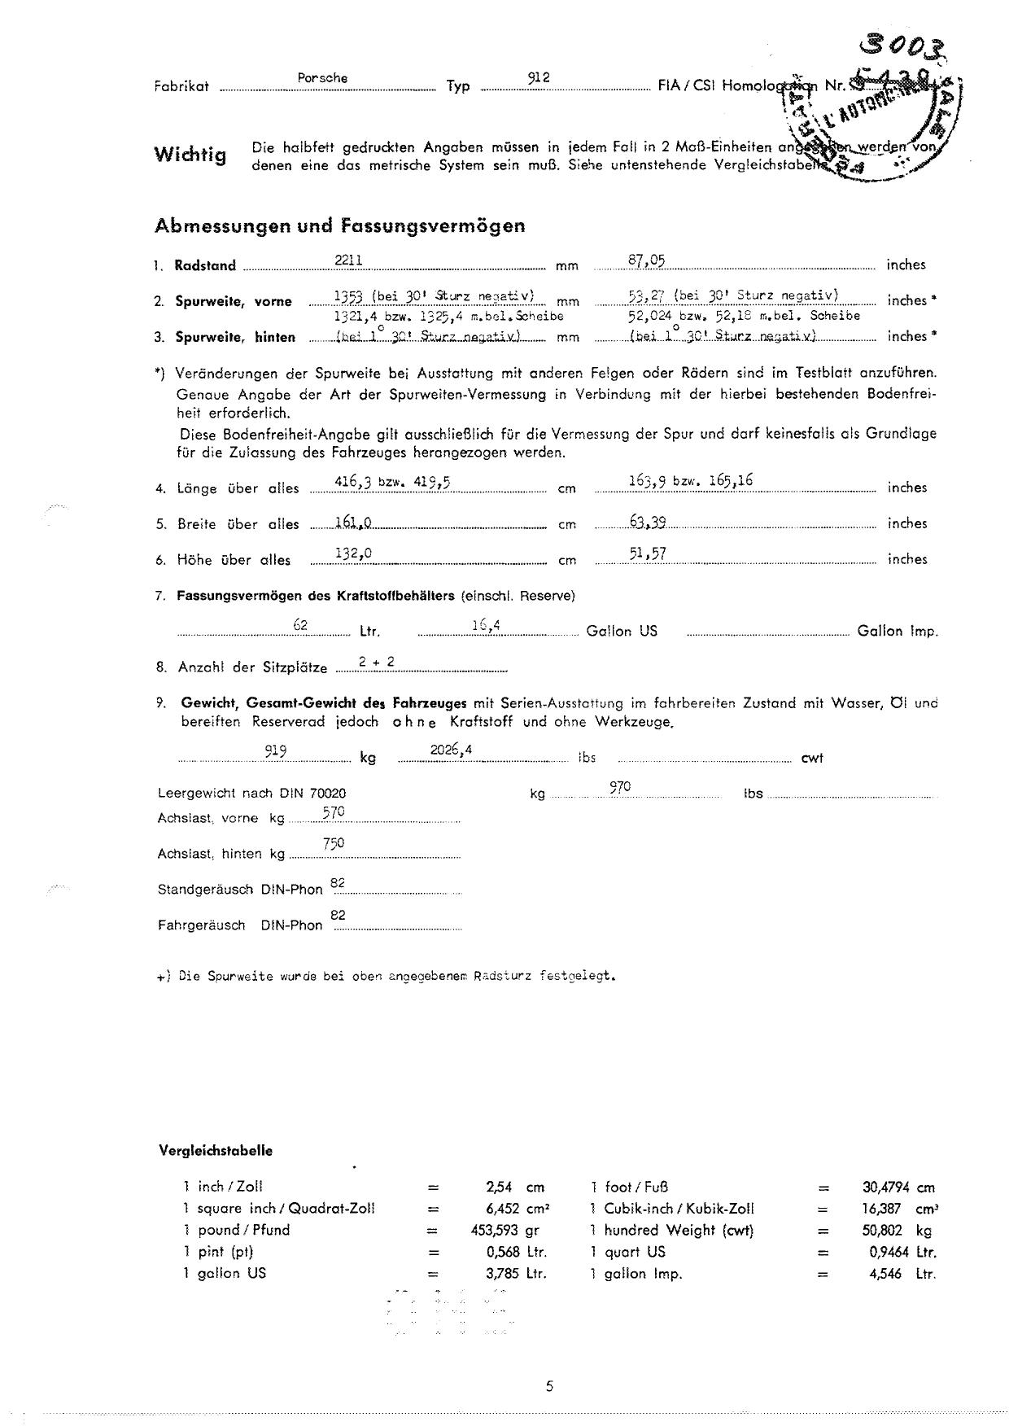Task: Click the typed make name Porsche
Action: coord(322,78)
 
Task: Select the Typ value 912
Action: coord(539,77)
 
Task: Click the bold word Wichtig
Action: coord(190,155)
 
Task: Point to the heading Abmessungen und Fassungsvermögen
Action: coord(339,225)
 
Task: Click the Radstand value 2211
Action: coord(348,260)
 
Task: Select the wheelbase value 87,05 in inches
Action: coord(647,260)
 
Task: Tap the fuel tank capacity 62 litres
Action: coord(300,624)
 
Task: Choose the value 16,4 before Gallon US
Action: coord(485,625)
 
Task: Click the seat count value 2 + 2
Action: coord(377,663)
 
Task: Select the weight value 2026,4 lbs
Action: coord(452,751)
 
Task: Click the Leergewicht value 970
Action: coord(620,787)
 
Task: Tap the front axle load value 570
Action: coord(334,811)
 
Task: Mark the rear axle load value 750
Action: coord(334,844)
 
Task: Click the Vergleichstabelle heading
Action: coord(216,1151)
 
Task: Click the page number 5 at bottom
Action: coord(550,1386)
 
